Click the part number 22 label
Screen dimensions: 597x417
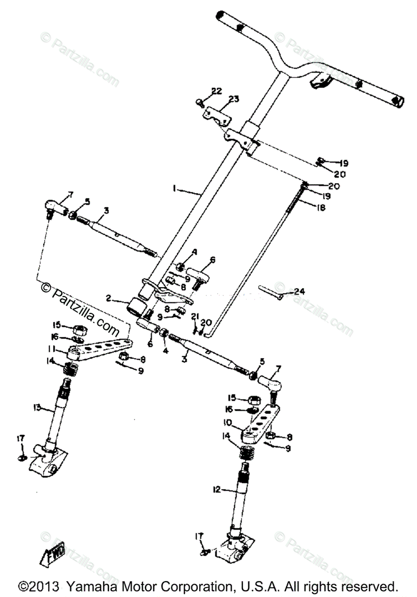pos(216,91)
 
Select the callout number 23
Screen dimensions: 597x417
pos(234,99)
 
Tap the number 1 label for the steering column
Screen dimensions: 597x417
pos(174,189)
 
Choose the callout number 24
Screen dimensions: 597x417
pos(299,292)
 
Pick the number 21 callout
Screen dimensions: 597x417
pos(195,316)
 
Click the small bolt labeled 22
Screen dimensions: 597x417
pos(200,103)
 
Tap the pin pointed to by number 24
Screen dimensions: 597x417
pos(271,293)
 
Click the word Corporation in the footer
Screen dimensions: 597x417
pos(193,586)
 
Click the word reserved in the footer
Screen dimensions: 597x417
pos(369,586)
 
